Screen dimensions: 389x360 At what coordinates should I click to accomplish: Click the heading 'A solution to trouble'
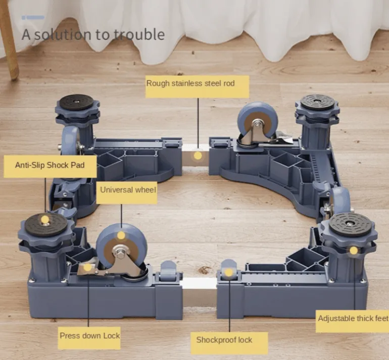[x=93, y=35]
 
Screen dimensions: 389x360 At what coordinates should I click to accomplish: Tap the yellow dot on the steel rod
[x=198, y=156]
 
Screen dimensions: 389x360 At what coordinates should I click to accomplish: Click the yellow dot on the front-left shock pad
[x=45, y=220]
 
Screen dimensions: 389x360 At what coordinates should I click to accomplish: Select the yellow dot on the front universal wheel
[x=121, y=235]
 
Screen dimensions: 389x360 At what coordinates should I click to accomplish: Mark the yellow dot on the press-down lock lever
[x=87, y=268]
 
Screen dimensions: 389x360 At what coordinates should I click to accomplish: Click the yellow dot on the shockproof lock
[x=228, y=273]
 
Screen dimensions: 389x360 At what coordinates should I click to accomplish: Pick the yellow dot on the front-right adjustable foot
[x=354, y=250]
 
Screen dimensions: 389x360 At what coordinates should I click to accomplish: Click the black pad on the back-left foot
[x=77, y=102]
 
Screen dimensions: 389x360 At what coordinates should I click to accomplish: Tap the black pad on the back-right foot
[x=317, y=102]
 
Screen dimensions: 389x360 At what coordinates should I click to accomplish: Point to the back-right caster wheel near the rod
[x=257, y=122]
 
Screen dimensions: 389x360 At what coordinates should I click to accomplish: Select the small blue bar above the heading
[x=33, y=17]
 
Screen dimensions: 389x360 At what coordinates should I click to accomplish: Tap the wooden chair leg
[x=9, y=40]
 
